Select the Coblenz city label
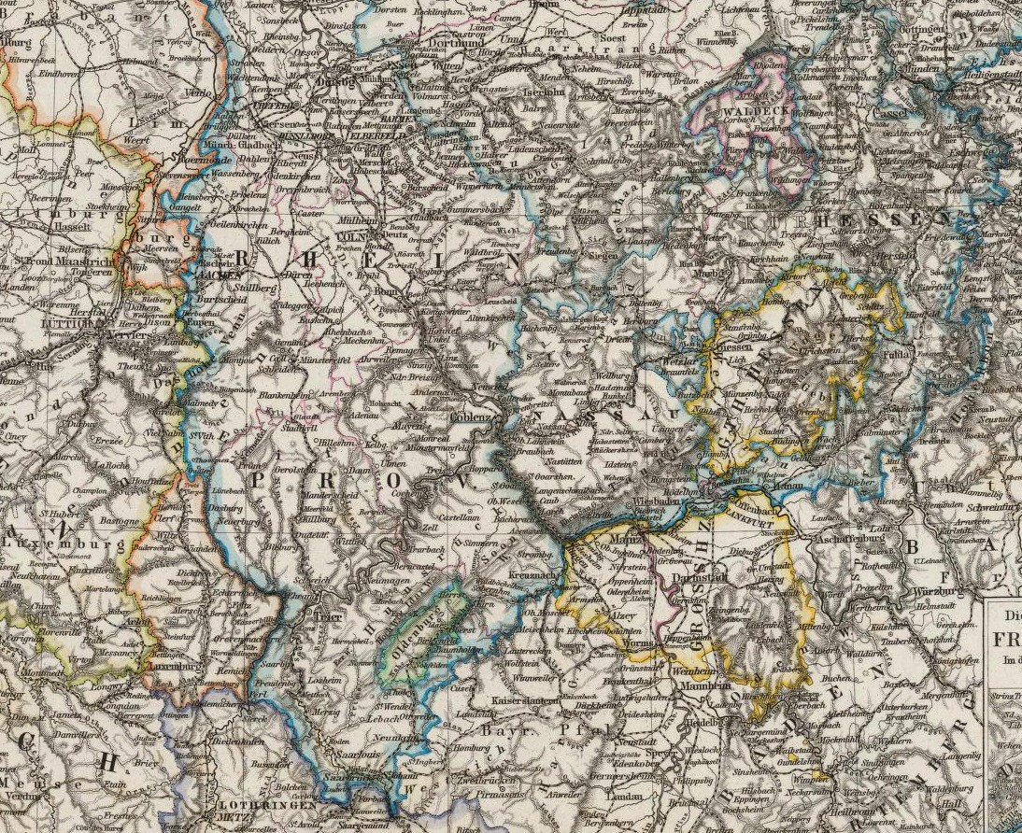click(469, 417)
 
